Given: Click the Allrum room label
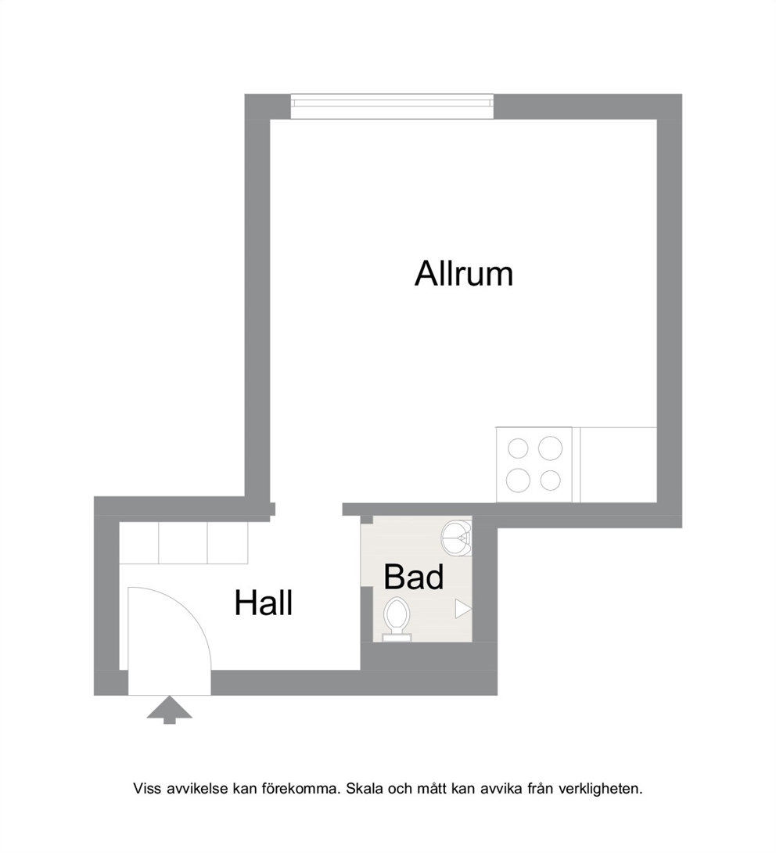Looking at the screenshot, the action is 464,274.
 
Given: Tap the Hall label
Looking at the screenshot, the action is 264,603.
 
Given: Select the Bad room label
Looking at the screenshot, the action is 414,578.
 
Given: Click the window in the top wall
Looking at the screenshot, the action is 392,106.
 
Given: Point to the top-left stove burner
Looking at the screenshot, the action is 518,449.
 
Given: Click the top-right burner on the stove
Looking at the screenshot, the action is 551,448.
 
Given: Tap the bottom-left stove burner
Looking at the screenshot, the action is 518,480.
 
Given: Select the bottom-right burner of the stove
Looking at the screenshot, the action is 551,480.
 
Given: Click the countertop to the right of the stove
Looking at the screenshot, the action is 619,465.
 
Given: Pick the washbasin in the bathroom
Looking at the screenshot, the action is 456,538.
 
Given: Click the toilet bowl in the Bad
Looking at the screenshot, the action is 397,615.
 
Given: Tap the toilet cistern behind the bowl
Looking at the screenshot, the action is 397,638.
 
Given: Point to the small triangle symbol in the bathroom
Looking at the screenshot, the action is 462,609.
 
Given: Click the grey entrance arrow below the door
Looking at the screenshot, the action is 169,709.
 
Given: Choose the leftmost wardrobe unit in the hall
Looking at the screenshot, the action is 138,543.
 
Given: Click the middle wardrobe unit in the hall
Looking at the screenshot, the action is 183,543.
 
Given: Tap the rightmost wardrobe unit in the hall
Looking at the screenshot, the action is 228,543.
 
